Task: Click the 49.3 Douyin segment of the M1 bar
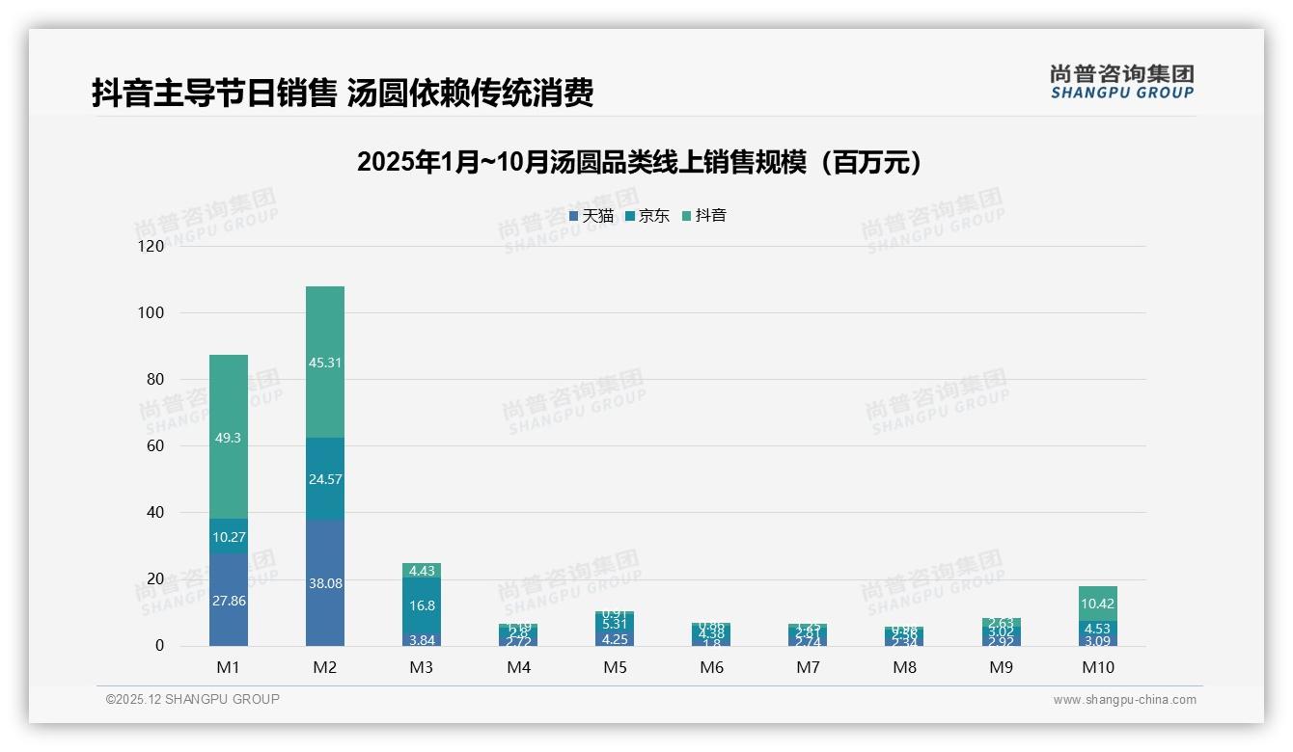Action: [x=229, y=437]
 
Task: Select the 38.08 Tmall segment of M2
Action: [x=325, y=582]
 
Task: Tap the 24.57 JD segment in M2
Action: [x=325, y=479]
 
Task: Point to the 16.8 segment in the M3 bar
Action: [x=422, y=605]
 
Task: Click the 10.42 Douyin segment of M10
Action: [x=1098, y=604]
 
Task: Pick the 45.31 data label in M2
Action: [x=325, y=363]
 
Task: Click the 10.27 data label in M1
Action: [x=229, y=537]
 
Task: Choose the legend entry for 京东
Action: [x=647, y=216]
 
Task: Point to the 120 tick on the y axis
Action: [x=151, y=246]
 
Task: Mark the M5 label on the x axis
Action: [x=615, y=667]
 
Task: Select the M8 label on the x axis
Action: [x=904, y=667]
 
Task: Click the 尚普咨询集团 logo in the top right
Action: [x=1121, y=81]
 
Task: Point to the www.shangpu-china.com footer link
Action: [x=1124, y=700]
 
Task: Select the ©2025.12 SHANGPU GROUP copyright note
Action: [x=193, y=699]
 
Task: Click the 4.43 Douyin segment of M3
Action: [x=422, y=571]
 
